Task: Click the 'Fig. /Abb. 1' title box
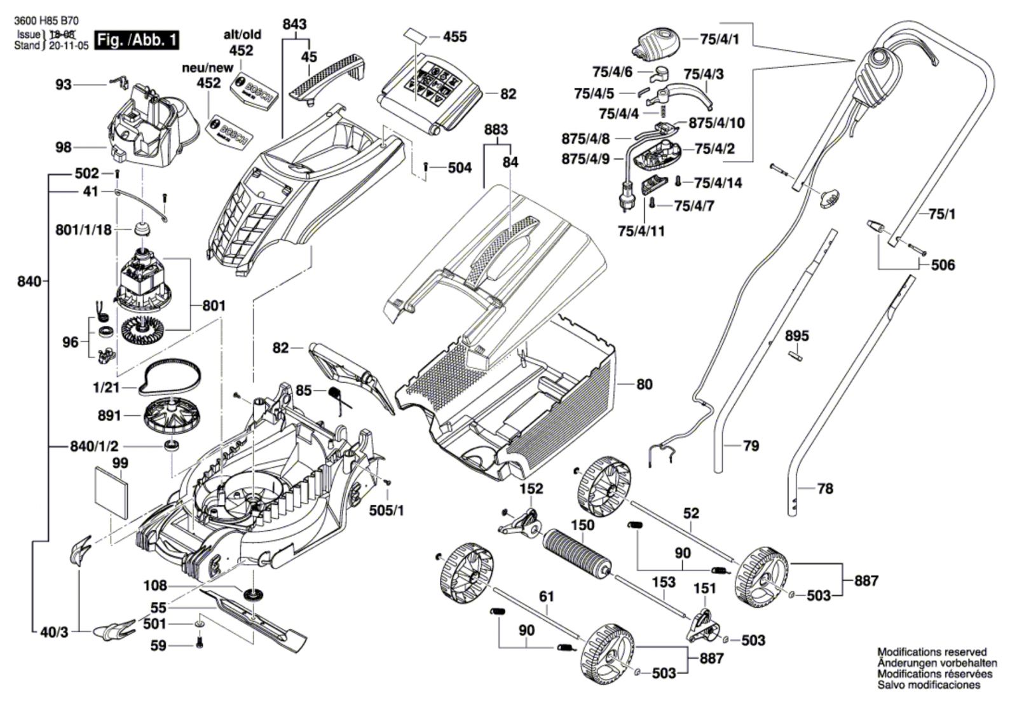click(x=136, y=40)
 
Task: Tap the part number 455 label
click(x=454, y=37)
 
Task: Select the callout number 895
click(x=796, y=336)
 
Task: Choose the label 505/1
click(x=386, y=510)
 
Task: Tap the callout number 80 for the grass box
click(x=644, y=384)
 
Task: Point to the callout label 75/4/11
click(x=641, y=230)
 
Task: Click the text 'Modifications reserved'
click(x=932, y=652)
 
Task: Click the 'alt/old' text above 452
click(x=242, y=35)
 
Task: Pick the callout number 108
click(x=155, y=586)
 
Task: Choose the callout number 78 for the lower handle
click(x=824, y=488)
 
